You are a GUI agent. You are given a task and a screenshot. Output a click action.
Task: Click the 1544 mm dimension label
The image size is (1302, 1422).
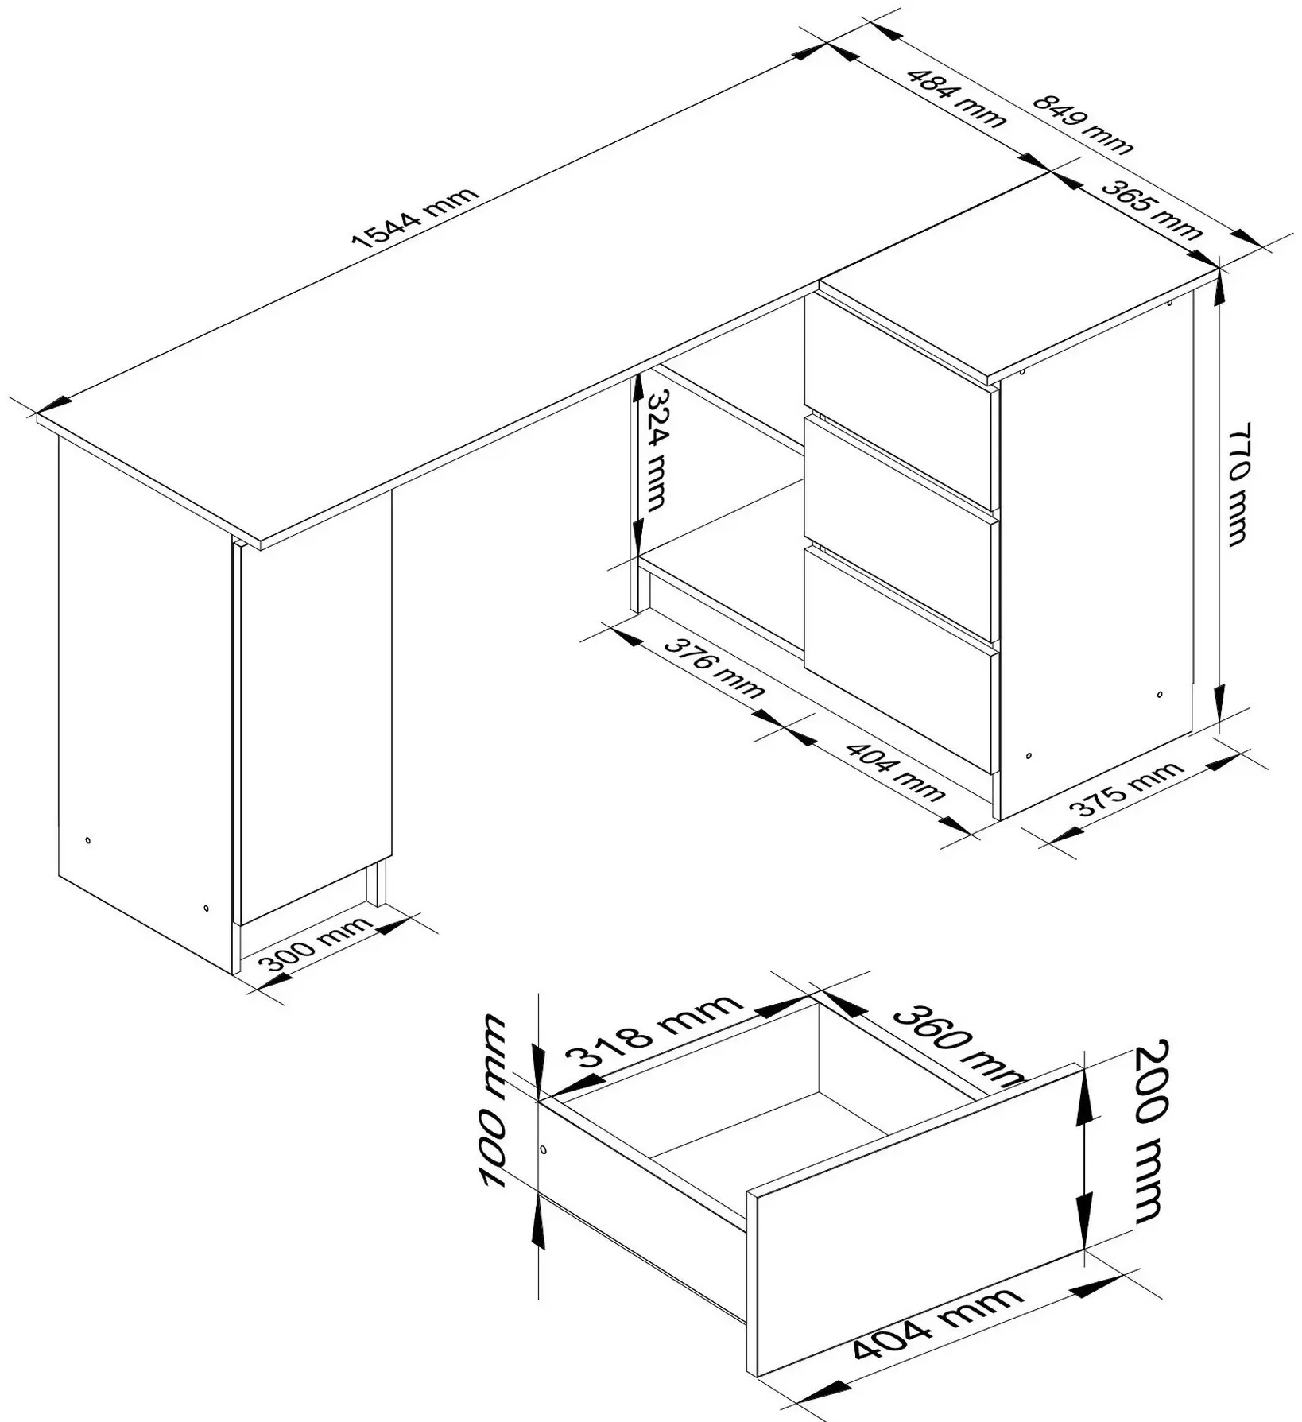[417, 219]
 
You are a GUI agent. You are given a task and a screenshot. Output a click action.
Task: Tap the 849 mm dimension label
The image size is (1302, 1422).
[1083, 124]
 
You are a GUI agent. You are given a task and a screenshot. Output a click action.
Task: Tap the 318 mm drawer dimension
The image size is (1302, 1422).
[654, 1032]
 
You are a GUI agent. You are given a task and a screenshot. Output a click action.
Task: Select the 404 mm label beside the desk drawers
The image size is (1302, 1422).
[895, 771]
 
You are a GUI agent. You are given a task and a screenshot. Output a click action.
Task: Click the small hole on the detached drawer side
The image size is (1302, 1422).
[544, 1150]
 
